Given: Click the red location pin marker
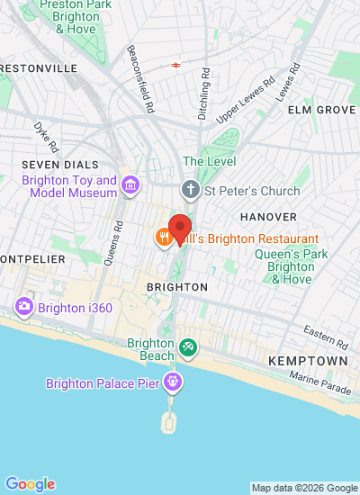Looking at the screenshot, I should (x=180, y=226).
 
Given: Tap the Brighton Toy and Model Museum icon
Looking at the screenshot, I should (x=130, y=186).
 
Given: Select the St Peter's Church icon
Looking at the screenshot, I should (x=190, y=189).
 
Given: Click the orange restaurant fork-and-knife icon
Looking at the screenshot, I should (x=163, y=238).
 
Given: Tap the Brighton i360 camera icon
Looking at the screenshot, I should (x=24, y=307).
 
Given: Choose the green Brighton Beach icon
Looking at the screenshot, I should (x=187, y=346).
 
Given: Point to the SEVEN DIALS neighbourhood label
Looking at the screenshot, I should (x=61, y=165).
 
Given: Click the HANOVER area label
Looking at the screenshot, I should (x=268, y=217).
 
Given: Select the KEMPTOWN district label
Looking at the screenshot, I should (x=307, y=360).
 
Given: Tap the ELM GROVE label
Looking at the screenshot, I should (x=320, y=109).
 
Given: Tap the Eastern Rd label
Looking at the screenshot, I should (x=325, y=337).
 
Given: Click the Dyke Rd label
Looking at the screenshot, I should (x=46, y=137).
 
